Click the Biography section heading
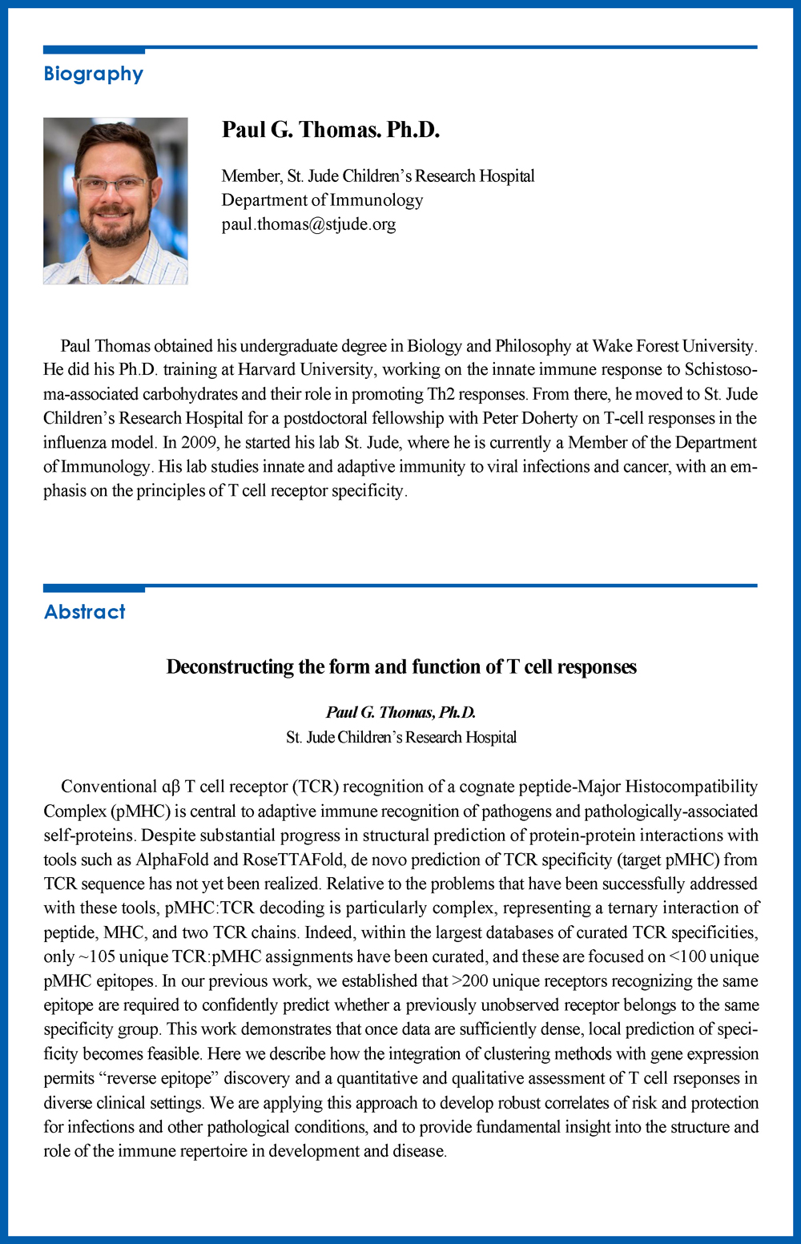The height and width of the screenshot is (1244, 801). [x=93, y=74]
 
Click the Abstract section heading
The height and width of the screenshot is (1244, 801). [x=84, y=612]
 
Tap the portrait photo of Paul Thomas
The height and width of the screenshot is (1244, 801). [x=115, y=201]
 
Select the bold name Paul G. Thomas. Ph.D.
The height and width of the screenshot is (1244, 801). [x=330, y=130]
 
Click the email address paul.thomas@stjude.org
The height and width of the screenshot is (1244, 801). [x=308, y=224]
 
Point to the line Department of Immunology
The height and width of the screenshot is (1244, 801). [x=322, y=200]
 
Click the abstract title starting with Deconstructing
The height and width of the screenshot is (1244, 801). [x=401, y=667]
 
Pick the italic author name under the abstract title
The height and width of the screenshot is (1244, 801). [x=400, y=712]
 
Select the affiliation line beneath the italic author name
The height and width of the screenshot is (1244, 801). [x=400, y=737]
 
